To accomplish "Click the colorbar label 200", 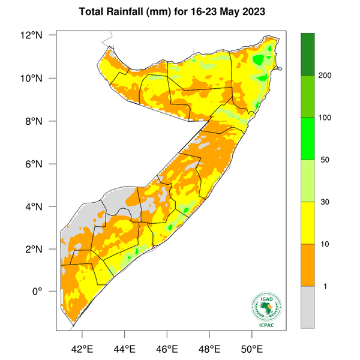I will [326, 76].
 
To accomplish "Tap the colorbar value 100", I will [326, 118].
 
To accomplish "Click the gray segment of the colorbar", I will [308, 307].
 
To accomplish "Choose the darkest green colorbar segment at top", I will [308, 54].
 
